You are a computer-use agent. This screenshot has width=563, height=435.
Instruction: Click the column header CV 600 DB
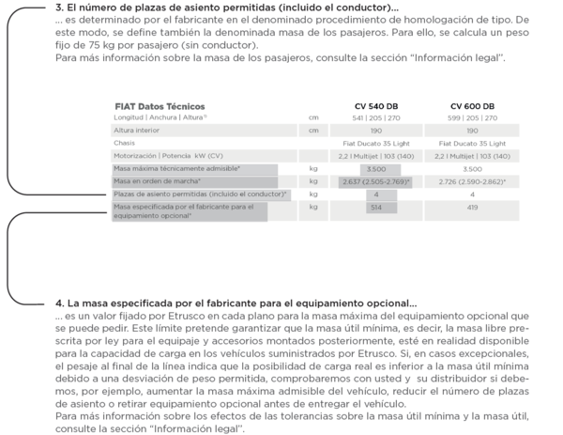[x=473, y=106]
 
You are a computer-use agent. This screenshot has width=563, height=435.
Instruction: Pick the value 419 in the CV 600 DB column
[x=473, y=206]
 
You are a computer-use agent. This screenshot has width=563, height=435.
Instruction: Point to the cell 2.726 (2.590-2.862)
[x=473, y=180]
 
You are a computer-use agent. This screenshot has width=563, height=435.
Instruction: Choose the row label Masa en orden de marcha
[x=153, y=180]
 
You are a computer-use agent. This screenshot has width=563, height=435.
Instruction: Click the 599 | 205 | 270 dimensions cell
[x=473, y=118]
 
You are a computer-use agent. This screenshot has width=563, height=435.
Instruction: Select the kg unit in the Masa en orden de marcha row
[x=313, y=180]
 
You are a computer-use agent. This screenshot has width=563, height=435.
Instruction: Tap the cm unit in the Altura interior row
[x=313, y=131]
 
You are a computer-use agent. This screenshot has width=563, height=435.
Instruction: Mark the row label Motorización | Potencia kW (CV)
[x=168, y=155]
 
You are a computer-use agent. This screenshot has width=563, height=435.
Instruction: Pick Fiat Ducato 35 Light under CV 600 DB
[x=473, y=143]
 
